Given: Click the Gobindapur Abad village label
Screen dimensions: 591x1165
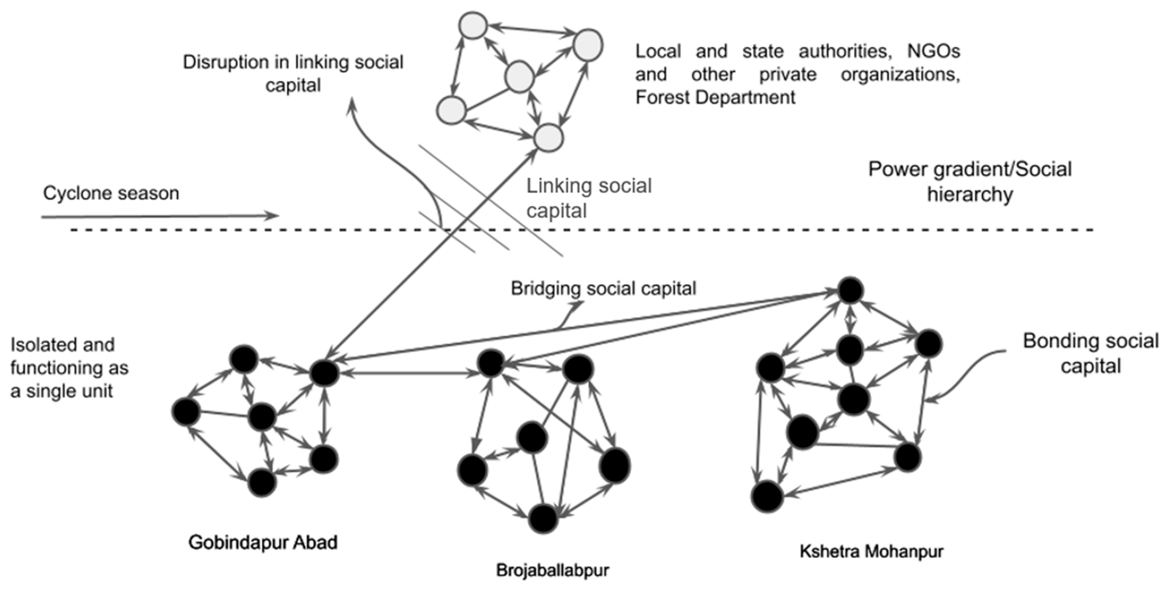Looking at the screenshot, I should point(263,542).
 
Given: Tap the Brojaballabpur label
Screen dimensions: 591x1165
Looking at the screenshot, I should point(552,570).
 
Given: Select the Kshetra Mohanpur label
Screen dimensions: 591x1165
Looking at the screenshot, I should point(871,551).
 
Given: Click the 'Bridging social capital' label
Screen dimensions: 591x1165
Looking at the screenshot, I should point(603,288).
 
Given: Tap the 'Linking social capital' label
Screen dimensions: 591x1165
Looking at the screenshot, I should point(589,198).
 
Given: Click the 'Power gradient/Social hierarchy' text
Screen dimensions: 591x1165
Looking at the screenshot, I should point(969,181).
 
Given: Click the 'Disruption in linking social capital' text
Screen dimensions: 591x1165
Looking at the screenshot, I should point(293,73).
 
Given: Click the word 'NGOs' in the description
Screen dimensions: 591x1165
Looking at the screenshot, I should point(933,51).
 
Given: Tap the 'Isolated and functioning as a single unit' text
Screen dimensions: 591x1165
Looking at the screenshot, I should point(69,368).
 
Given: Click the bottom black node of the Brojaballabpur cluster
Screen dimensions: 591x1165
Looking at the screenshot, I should point(543,519).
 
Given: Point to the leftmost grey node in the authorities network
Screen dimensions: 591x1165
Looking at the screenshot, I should point(451,109).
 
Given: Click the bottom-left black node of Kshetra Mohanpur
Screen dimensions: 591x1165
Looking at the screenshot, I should point(767,496).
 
